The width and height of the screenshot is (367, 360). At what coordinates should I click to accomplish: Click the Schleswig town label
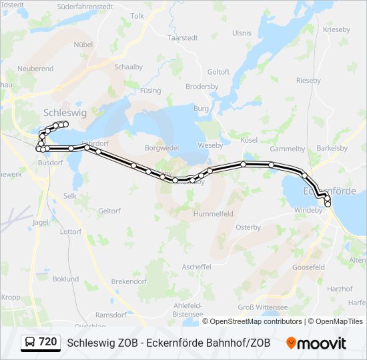click(65, 113)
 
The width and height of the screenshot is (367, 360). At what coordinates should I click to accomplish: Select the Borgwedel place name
click(161, 148)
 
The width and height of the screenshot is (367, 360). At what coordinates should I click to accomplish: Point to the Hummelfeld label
click(213, 214)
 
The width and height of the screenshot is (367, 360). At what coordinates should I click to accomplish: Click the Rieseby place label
click(308, 80)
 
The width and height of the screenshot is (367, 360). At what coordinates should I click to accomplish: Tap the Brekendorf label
click(129, 282)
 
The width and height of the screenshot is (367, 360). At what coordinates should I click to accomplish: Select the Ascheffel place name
click(196, 267)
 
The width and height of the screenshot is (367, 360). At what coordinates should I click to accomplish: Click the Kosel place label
click(249, 140)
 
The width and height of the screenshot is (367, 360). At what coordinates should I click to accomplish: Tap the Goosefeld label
click(308, 267)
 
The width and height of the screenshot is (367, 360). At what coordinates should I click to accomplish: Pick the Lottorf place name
click(70, 232)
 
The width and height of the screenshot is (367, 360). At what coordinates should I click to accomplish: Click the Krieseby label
click(336, 30)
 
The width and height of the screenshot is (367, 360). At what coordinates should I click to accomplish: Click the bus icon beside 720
click(31, 343)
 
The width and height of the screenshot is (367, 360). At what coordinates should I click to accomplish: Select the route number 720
click(48, 342)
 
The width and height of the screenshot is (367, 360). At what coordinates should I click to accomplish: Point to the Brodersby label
click(202, 86)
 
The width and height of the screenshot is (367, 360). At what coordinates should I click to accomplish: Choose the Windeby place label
click(308, 209)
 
